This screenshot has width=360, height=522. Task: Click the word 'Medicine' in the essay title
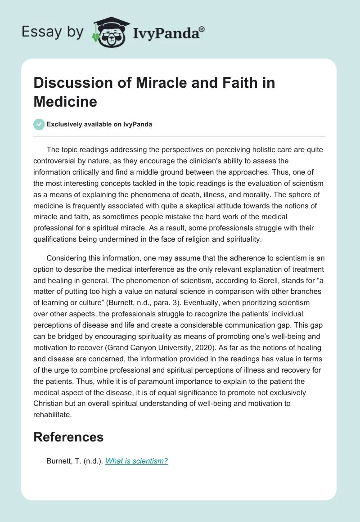65,101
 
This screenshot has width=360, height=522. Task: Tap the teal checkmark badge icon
39,125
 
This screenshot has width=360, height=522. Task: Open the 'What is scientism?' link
136,461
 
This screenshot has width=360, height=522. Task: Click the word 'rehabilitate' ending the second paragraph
52,414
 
